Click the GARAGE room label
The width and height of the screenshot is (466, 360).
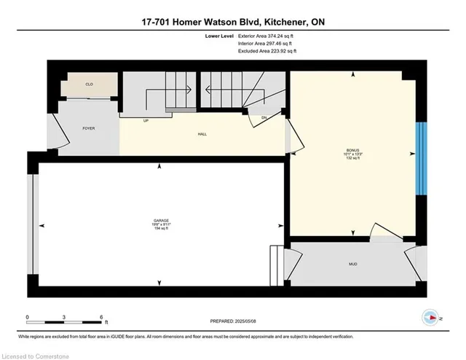tap(159, 220)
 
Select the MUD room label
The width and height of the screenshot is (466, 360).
tap(352, 264)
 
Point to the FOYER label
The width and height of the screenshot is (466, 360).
tap(89, 128)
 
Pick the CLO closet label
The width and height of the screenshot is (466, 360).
tap(89, 85)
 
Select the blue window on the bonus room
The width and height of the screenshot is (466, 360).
tap(419, 158)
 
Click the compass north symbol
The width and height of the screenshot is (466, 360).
tap(431, 317)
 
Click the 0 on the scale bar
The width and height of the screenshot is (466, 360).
tap(28, 318)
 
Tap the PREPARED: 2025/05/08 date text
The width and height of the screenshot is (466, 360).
tap(233, 321)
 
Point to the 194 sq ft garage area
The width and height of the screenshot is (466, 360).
tap(159, 230)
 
